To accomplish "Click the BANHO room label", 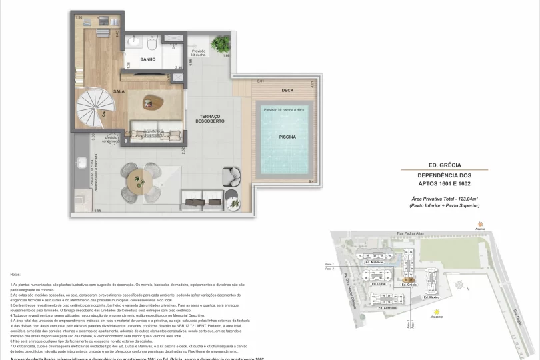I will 147,59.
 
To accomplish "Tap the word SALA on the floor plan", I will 119,91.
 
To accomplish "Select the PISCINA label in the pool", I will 287,137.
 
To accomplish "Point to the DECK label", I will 287,90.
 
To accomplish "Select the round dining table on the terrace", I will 139,179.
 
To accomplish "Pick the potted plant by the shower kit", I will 220,44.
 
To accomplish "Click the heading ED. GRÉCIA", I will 445,165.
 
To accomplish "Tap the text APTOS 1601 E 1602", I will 445,183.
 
